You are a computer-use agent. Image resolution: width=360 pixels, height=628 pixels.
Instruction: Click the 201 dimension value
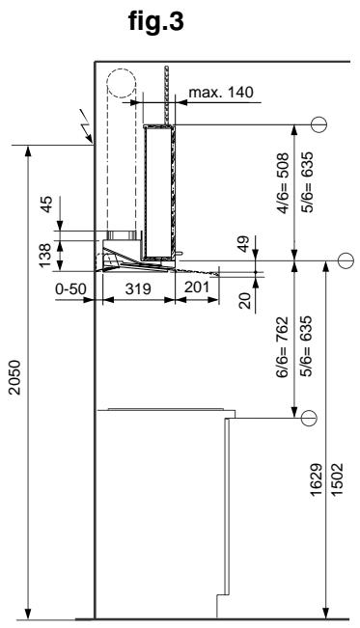(x=197, y=287)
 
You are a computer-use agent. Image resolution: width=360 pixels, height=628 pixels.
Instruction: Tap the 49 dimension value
(x=242, y=244)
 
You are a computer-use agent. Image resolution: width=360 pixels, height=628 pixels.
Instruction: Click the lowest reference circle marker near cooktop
(x=309, y=418)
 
